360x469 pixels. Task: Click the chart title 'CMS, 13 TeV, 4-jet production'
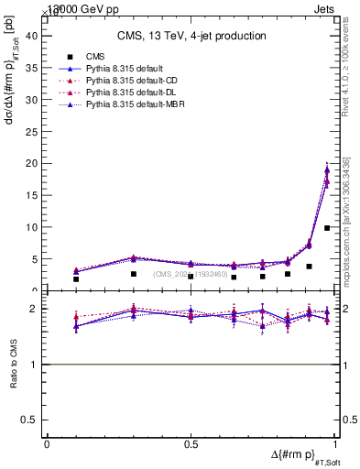(x=191, y=36)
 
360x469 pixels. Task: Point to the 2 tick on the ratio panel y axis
(x=37, y=310)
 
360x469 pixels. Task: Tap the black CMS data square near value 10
(x=327, y=228)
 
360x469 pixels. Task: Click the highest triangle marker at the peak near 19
(x=327, y=169)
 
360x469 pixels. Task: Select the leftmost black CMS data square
(x=76, y=279)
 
